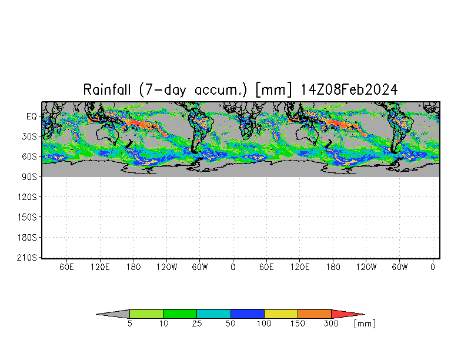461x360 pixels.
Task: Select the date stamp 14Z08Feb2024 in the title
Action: tap(349, 90)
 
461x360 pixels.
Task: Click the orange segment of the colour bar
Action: tap(315, 314)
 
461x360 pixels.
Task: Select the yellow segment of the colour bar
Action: tap(281, 314)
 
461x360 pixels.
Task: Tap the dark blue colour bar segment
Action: tap(248, 314)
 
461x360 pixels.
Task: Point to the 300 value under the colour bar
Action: tap(332, 324)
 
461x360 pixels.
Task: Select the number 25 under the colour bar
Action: tap(197, 324)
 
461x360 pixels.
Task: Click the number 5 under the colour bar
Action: tap(129, 324)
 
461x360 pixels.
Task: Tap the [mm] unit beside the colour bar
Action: tap(365, 324)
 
